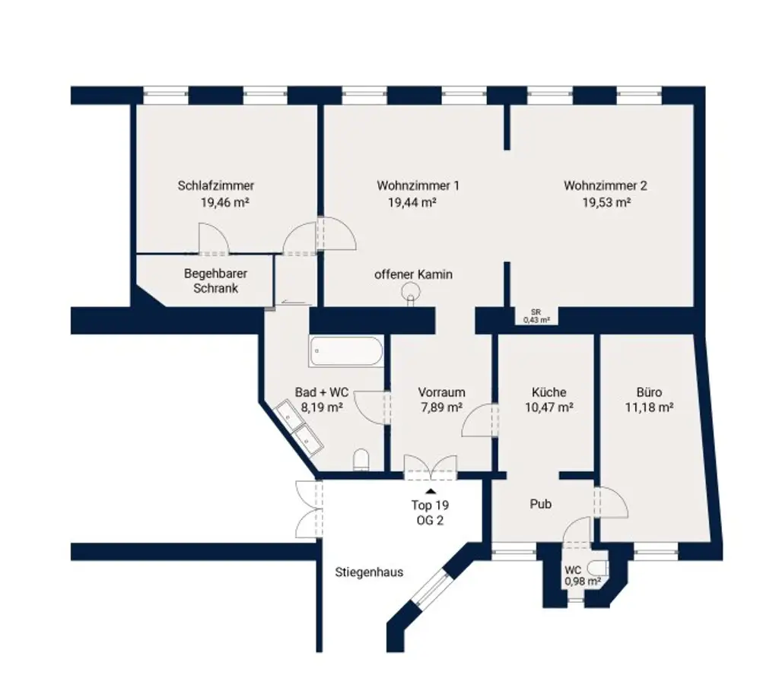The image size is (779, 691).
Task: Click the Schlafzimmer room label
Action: click(215, 185)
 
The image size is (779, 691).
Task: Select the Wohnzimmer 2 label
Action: click(605, 185)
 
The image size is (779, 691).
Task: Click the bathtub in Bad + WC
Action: click(345, 351)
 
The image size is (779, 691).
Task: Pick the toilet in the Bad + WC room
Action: click(361, 459)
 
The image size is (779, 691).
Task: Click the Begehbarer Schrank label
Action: click(215, 281)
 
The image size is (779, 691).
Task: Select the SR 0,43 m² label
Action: click(536, 316)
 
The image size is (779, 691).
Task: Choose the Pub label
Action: click(541, 504)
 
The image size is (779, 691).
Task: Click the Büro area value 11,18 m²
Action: click(649, 407)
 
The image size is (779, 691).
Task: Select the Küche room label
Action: click(548, 392)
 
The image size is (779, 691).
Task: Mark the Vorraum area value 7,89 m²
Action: click(441, 407)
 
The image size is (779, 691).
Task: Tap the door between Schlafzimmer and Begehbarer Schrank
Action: click(212, 241)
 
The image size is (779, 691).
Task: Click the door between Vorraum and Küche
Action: click(482, 420)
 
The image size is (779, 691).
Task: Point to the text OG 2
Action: click(431, 520)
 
